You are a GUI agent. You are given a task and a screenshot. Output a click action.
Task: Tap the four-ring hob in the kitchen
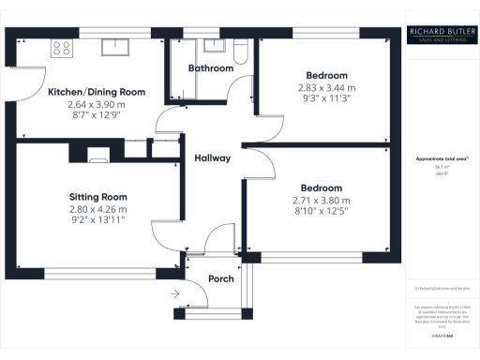[64, 48]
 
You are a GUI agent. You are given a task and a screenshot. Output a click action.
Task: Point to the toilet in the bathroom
[239, 52]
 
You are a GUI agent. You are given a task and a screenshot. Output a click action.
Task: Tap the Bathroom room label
[210, 68]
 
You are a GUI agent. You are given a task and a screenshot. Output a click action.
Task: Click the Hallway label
[212, 157]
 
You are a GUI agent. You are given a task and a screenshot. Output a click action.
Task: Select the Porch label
[220, 278]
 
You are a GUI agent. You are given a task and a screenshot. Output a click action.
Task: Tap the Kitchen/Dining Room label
[97, 92]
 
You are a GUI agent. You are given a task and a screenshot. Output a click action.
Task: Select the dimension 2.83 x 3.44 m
[326, 87]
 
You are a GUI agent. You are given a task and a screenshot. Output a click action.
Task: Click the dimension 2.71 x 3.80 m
[322, 201]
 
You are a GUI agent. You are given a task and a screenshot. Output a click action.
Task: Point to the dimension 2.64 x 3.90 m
[97, 105]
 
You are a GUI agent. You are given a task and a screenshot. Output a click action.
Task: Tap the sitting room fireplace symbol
[97, 157]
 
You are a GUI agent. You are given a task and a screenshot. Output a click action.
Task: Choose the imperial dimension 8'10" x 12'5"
[322, 213]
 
